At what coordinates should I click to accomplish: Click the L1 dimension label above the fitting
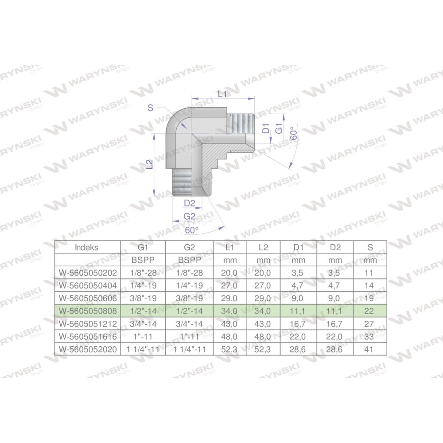point(222,93)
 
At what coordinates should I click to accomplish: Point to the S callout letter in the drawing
point(150,108)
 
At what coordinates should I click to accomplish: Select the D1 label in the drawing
point(266,128)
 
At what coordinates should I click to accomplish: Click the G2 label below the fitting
point(189,216)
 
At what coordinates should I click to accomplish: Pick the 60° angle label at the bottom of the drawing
point(191,230)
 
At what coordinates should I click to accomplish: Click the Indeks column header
point(87,248)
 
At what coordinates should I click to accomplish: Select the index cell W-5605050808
point(88,311)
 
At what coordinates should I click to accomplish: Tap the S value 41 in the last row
point(369,350)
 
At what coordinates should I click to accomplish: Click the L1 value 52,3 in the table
point(229,350)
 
